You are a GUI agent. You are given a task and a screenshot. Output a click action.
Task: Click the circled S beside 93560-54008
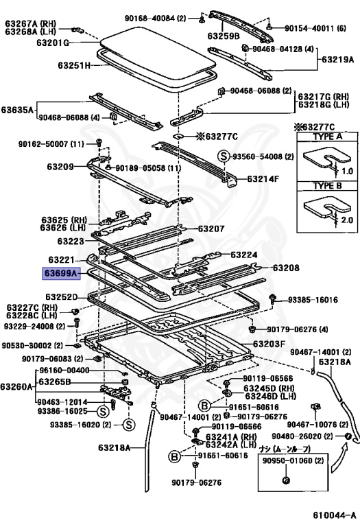(224, 156)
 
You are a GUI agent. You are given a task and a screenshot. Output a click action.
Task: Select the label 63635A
(19, 108)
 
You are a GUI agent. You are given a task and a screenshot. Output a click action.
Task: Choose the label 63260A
(16, 387)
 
